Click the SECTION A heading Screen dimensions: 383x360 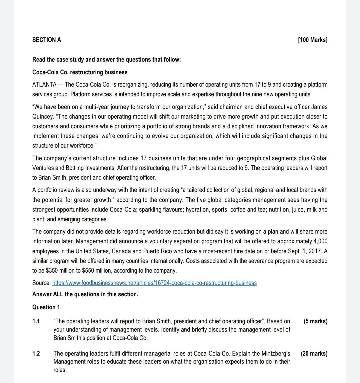click(47, 40)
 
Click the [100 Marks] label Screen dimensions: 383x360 click(312, 40)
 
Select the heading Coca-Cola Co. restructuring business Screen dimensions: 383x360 click(80, 72)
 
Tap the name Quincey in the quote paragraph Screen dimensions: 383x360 click(42, 117)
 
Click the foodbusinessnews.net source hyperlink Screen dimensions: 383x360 click(154, 283)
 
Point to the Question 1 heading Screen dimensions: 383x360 click(46, 307)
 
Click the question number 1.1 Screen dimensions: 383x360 click(36, 321)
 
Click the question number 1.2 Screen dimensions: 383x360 click(36, 353)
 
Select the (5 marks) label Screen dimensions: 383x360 click(315, 321)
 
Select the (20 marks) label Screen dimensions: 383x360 click(314, 353)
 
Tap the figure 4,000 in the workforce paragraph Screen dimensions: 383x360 click(321, 241)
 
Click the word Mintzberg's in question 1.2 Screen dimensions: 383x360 click(274, 353)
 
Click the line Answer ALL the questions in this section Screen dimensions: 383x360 click(85, 294)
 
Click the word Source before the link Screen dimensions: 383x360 click(41, 283)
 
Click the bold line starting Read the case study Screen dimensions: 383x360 click(106, 60)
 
